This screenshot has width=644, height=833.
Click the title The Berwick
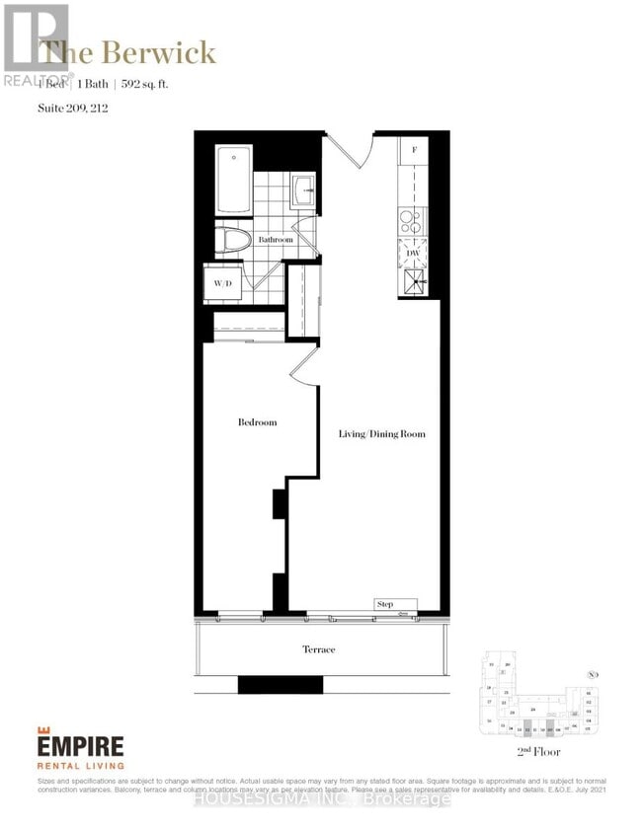[129, 52]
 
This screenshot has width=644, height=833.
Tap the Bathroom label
[276, 240]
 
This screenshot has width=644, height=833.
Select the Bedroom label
[257, 422]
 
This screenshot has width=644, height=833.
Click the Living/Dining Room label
[382, 433]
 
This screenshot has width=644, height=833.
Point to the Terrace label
[318, 649]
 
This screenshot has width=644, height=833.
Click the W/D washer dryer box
[223, 284]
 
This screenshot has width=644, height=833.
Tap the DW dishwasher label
[413, 253]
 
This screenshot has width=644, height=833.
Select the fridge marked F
[413, 151]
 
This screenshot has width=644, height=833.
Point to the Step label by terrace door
[385, 603]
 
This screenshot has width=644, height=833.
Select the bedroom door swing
[304, 369]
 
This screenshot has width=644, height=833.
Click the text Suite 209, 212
[72, 108]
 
